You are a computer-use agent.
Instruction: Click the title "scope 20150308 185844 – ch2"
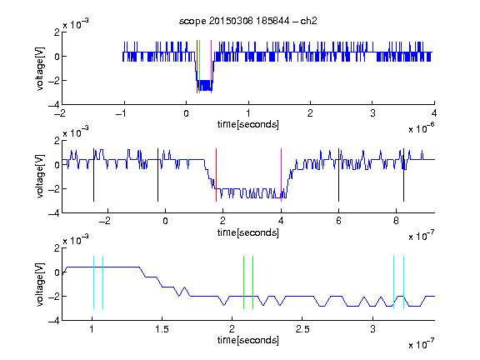(x=248, y=21)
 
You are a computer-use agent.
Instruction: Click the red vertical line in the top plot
(x=197, y=67)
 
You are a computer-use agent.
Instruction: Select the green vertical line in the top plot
(x=200, y=67)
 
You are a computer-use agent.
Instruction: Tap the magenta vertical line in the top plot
(x=211, y=67)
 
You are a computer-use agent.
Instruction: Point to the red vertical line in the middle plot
(x=216, y=175)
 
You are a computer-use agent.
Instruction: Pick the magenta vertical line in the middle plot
(x=281, y=175)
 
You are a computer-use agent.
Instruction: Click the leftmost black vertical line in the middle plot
(x=93, y=175)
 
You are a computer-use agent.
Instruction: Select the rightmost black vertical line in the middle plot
(x=403, y=175)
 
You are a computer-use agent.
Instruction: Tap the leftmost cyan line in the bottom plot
(x=93, y=282)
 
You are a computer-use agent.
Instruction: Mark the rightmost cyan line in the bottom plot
(x=403, y=282)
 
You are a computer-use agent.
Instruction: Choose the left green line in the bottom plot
(x=243, y=282)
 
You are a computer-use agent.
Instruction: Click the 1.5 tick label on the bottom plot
(x=162, y=329)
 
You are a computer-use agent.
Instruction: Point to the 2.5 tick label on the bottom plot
(x=302, y=329)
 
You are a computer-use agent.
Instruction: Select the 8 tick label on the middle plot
(x=396, y=221)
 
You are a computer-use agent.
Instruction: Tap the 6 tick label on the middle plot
(x=338, y=221)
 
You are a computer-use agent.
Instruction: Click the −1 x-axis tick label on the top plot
(x=121, y=113)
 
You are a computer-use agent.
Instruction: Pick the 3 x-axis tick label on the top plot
(x=372, y=113)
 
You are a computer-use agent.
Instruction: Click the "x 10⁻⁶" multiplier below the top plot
(x=422, y=128)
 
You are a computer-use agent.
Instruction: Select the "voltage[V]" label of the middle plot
(x=40, y=177)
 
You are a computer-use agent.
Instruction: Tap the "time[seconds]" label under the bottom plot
(x=248, y=340)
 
